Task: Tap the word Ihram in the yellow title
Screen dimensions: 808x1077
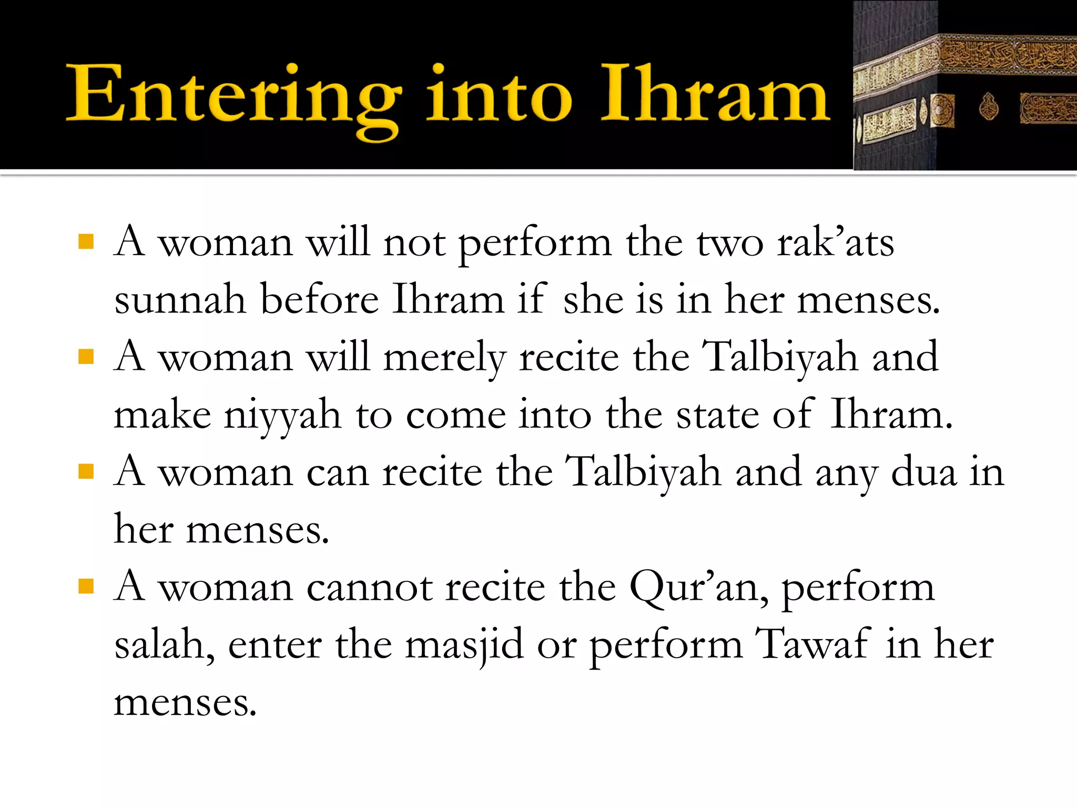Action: click(715, 95)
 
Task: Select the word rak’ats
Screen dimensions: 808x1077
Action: click(836, 243)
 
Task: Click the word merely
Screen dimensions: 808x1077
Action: click(444, 358)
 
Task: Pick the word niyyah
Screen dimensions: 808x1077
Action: click(283, 416)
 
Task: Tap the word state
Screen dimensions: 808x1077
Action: click(717, 416)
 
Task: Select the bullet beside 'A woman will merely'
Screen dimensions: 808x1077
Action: click(86, 357)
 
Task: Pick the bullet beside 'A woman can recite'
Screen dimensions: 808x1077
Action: click(86, 472)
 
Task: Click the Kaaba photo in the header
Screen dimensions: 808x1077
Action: click(964, 85)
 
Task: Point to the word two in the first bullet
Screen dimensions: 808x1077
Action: click(730, 243)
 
